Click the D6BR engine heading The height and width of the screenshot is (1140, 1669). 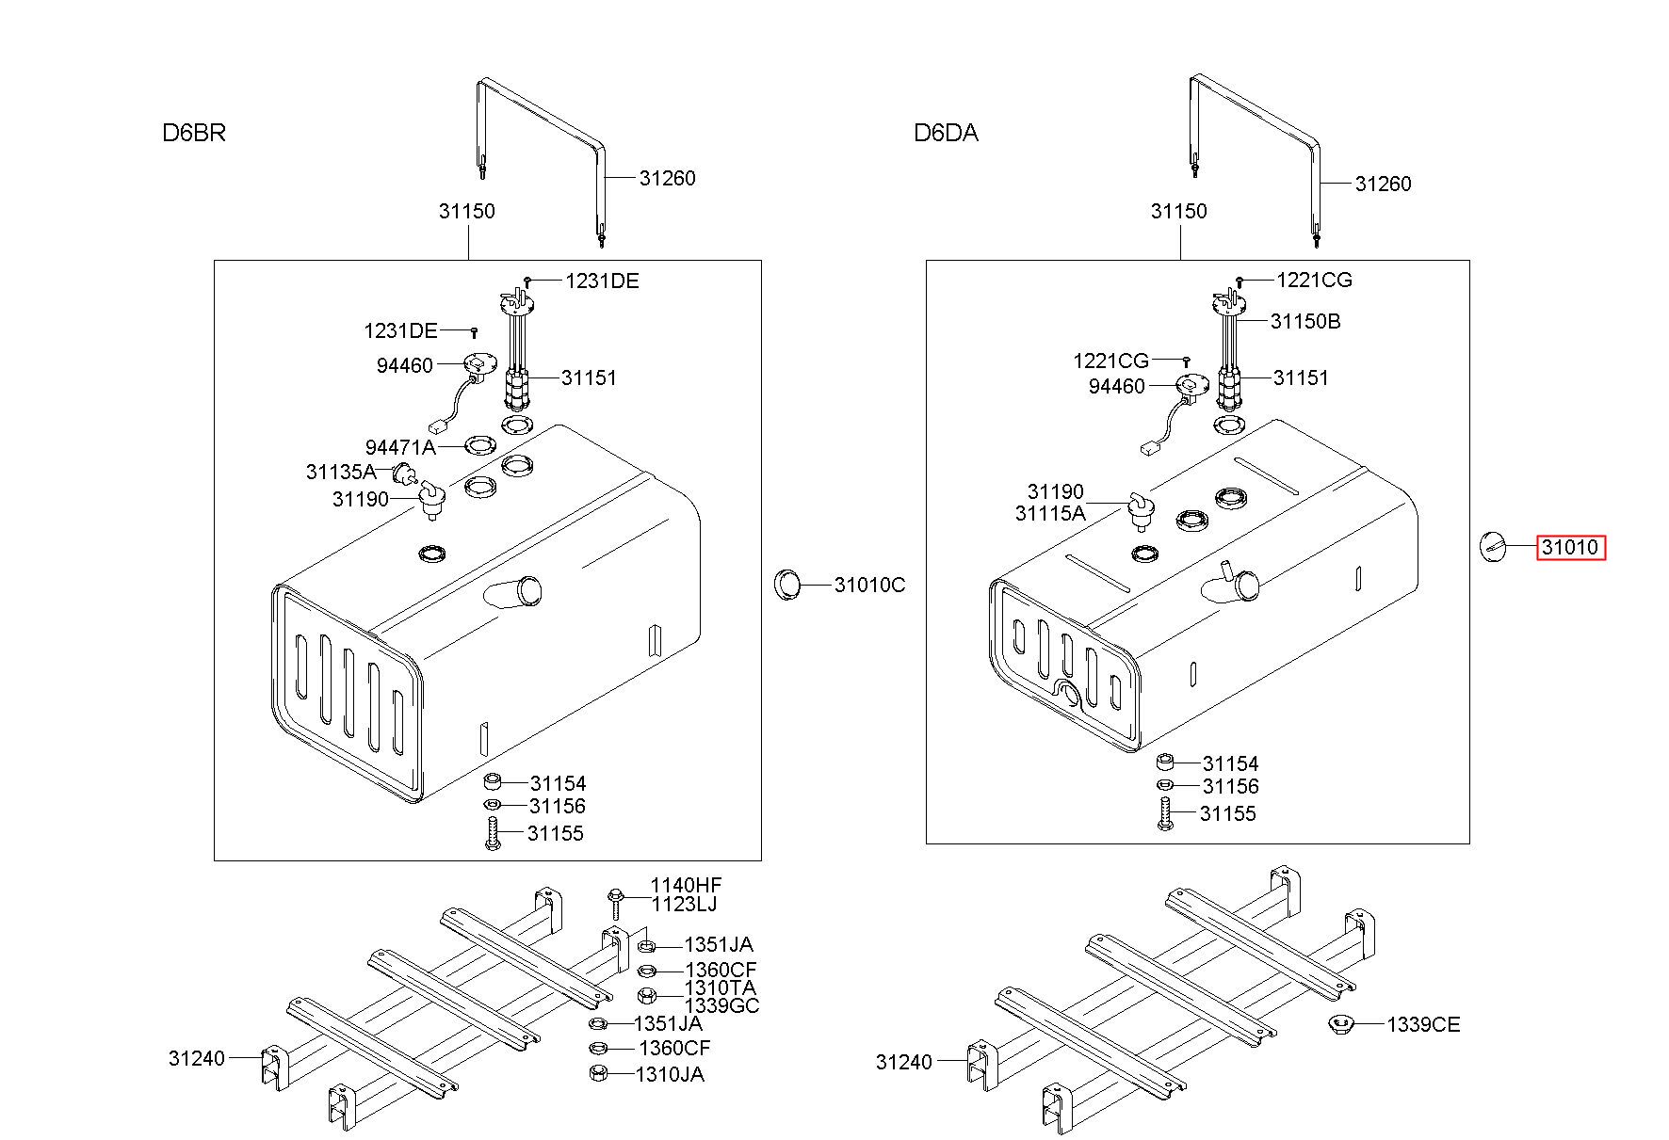tap(194, 133)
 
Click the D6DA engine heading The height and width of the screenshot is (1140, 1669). tap(946, 134)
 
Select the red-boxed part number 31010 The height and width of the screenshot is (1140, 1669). tap(1570, 547)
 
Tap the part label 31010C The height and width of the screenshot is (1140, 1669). tap(869, 586)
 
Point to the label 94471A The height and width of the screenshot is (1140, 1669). tap(400, 448)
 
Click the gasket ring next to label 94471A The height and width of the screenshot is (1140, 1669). tap(481, 444)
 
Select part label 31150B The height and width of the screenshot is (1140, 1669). tap(1305, 322)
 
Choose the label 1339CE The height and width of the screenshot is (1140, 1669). tap(1423, 1025)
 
